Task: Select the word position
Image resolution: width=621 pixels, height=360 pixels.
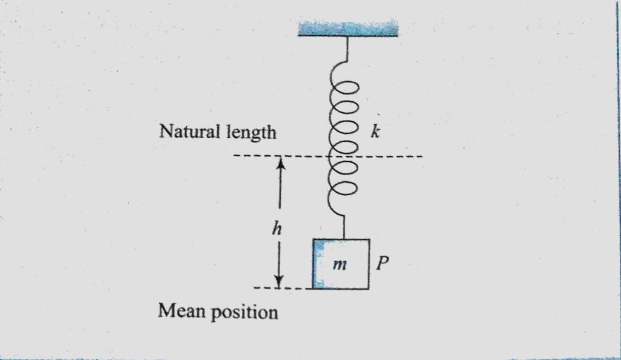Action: pyautogui.click(x=246, y=313)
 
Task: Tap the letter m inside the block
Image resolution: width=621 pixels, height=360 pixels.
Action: pyautogui.click(x=340, y=265)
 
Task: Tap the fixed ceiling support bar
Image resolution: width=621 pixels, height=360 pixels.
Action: pyautogui.click(x=348, y=28)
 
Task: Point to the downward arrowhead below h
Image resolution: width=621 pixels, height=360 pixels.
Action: pyautogui.click(x=280, y=280)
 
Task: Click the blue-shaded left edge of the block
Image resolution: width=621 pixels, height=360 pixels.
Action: pyautogui.click(x=316, y=264)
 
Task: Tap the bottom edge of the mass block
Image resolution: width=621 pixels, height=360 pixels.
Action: pyautogui.click(x=341, y=288)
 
